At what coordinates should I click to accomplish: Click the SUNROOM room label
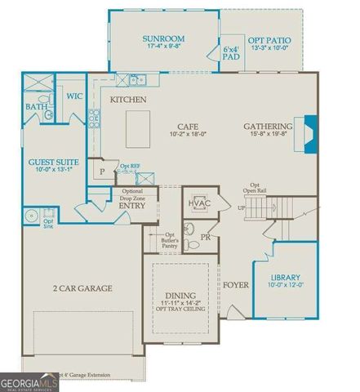point(163,38)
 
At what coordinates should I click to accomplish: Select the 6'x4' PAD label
point(231,54)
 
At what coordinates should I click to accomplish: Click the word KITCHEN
point(128,100)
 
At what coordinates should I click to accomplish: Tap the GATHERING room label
point(268,127)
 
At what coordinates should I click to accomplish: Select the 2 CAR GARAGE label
point(82,288)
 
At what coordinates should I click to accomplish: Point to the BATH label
point(36,107)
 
